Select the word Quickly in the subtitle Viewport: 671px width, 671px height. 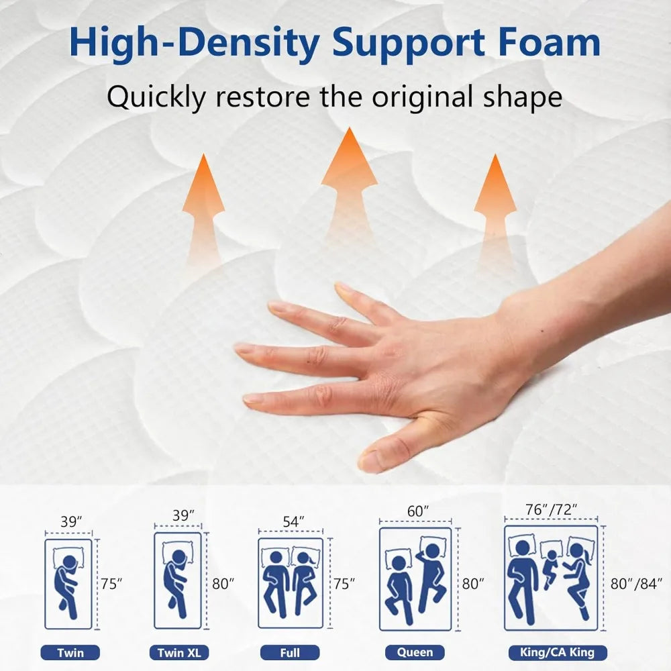[x=157, y=97]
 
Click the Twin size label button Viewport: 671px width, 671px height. [x=70, y=652]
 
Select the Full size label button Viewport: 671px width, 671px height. [x=290, y=652]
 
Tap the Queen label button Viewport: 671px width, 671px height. [x=415, y=652]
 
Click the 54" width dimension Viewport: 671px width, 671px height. [x=292, y=521]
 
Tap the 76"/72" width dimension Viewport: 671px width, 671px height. [x=551, y=511]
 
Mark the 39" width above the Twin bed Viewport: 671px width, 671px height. [x=70, y=521]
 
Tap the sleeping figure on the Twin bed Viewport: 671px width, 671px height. [x=68, y=582]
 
